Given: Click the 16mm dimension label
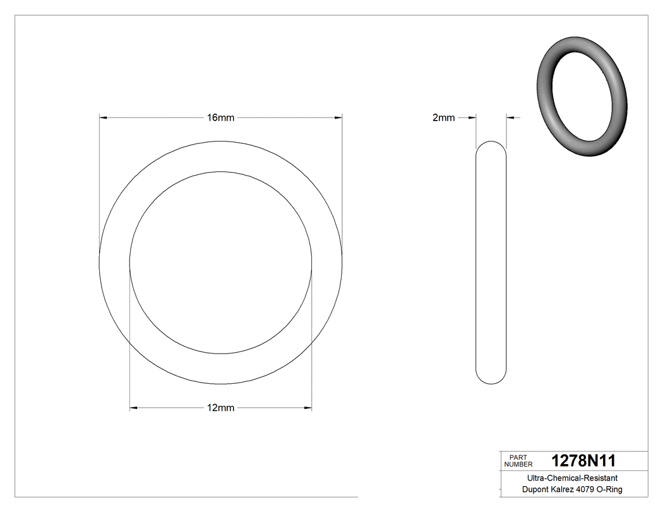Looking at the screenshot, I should coord(220,117).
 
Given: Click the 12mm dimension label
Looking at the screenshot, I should coord(220,408).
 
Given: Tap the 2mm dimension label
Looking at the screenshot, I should coord(443,117).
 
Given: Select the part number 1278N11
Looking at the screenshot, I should coord(583,460).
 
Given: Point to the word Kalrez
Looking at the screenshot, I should coord(564,489).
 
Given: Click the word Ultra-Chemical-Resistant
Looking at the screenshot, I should coord(572,479).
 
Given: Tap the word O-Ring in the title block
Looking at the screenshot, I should coord(609,489).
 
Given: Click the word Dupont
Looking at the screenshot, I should coord(535,489).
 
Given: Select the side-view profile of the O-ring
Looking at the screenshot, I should coord(491,262).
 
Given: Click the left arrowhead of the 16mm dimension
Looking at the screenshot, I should coord(104,117).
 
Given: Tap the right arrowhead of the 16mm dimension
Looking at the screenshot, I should coord(338,117).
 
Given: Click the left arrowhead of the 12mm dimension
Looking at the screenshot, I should coord(134,408).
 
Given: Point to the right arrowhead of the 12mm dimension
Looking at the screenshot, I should coord(308,408).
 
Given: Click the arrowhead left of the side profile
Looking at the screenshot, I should coord(471,117).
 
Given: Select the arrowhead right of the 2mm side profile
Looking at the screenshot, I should coord(510,117).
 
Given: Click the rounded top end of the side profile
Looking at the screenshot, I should coord(491,145).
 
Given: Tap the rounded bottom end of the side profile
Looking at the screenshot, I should coord(491,379).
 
